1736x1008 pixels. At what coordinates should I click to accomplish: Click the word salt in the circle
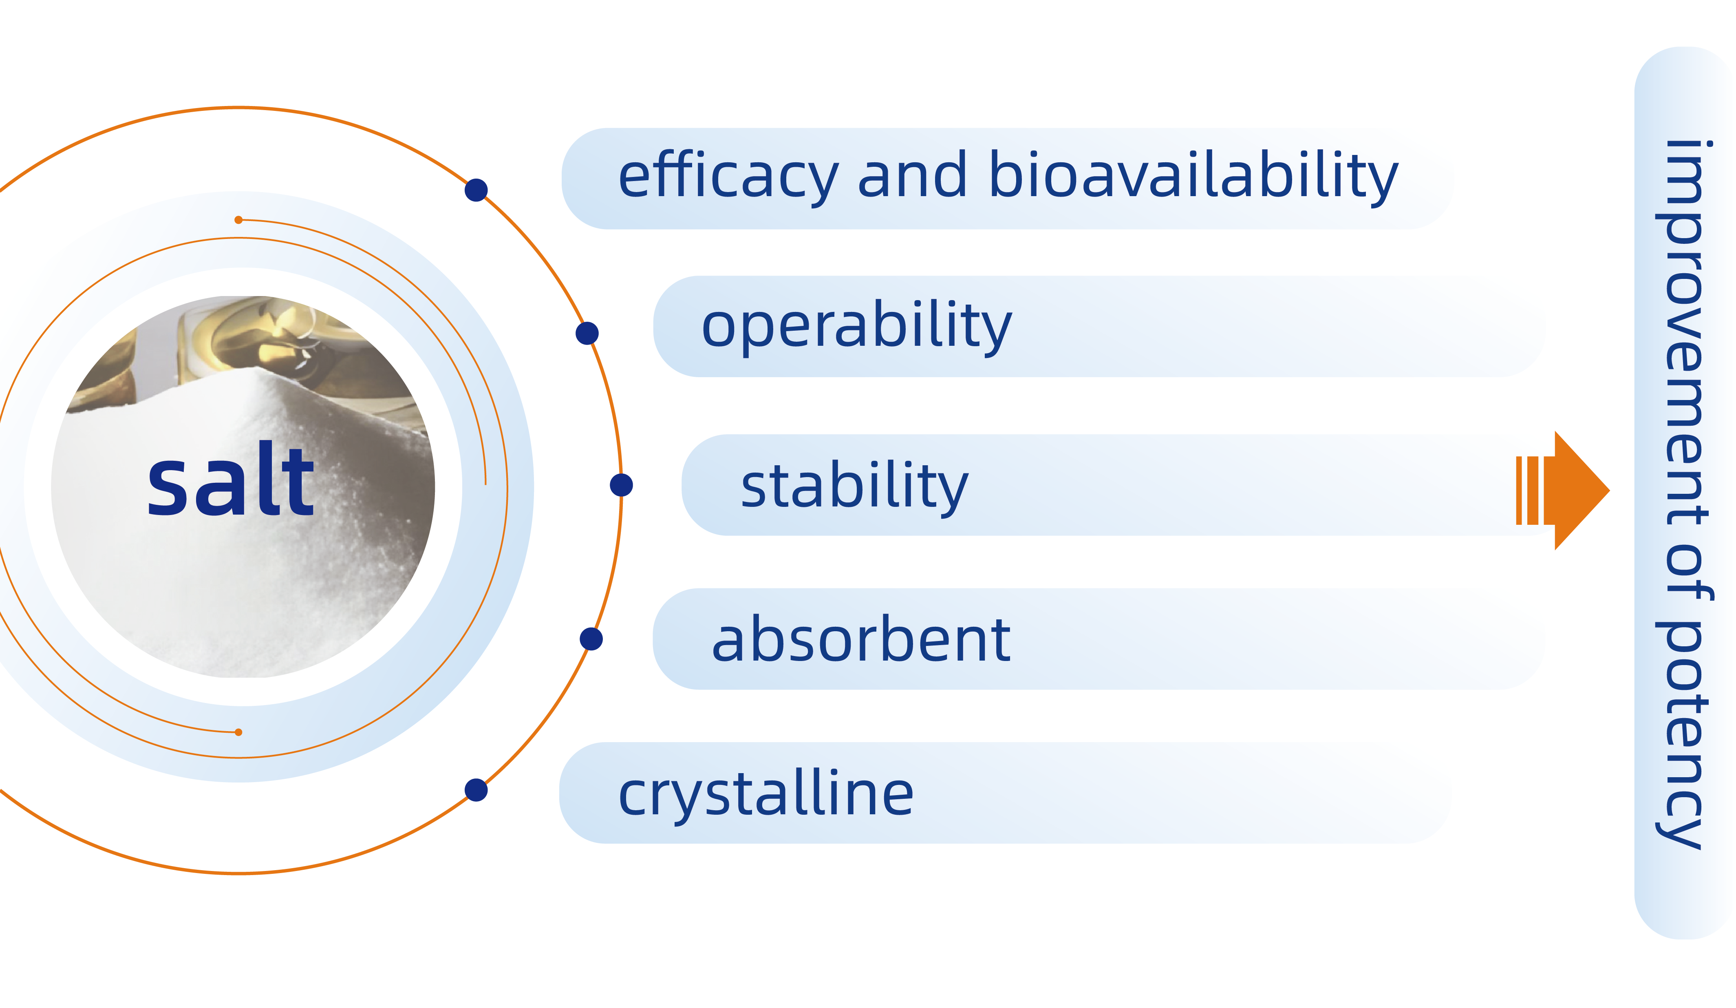(231, 481)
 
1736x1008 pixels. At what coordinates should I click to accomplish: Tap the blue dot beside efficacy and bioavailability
(476, 190)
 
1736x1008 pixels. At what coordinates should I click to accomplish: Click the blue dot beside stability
(621, 485)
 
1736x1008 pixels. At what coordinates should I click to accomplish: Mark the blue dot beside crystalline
(476, 790)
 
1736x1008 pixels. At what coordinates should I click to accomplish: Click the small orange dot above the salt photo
(238, 220)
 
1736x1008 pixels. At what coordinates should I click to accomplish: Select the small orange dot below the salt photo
(238, 732)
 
